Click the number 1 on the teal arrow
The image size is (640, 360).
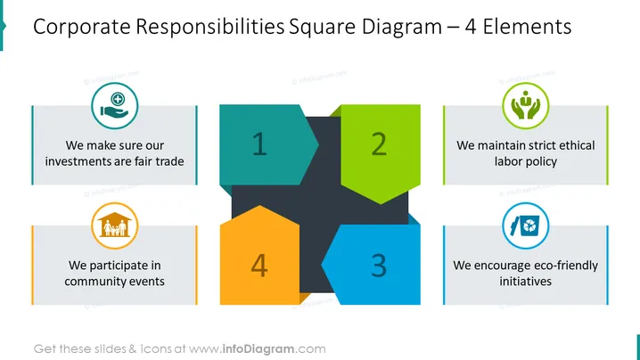[259, 143]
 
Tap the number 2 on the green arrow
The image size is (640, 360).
[379, 143]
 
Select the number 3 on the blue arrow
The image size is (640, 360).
[379, 266]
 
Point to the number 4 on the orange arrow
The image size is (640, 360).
[259, 266]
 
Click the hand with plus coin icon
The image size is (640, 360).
[115, 106]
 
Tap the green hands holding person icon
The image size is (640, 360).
[526, 106]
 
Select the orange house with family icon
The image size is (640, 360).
[115, 225]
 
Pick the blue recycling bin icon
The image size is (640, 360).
[526, 225]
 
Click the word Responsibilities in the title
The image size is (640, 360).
[209, 28]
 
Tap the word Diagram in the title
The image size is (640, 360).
[402, 28]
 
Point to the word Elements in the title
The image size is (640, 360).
[527, 27]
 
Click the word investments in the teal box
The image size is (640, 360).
[78, 161]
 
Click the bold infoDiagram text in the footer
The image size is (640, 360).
[258, 349]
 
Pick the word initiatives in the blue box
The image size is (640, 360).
[526, 282]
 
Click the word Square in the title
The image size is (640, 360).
[323, 28]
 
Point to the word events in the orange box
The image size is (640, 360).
[145, 282]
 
